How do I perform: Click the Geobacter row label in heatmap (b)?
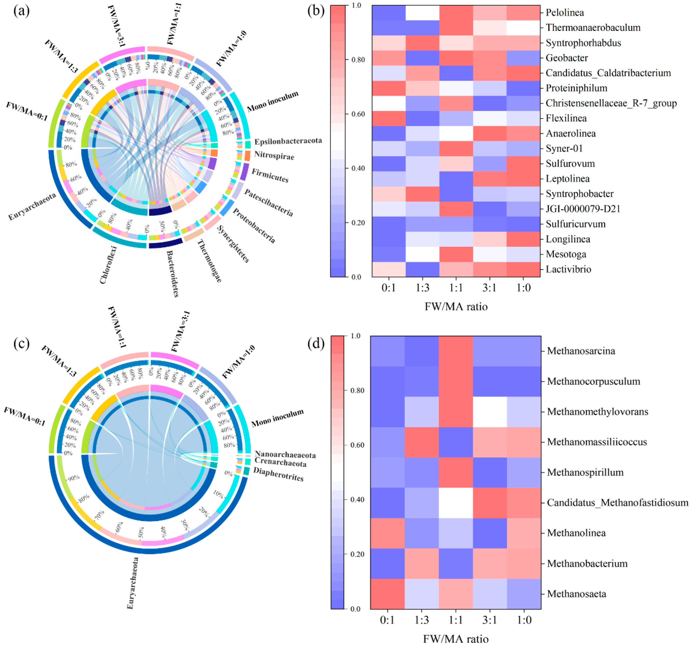click(567, 58)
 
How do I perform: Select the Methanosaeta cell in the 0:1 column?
click(387, 594)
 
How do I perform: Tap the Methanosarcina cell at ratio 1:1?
click(456, 351)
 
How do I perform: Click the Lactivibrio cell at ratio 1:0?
click(523, 269)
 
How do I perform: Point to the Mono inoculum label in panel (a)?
click(273, 101)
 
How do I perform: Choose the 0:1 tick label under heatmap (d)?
click(387, 620)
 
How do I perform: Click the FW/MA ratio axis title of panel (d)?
click(456, 639)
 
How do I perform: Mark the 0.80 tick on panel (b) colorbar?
click(356, 60)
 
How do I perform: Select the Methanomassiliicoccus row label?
click(597, 442)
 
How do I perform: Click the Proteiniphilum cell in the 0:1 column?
click(389, 88)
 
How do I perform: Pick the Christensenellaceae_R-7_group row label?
click(611, 103)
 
